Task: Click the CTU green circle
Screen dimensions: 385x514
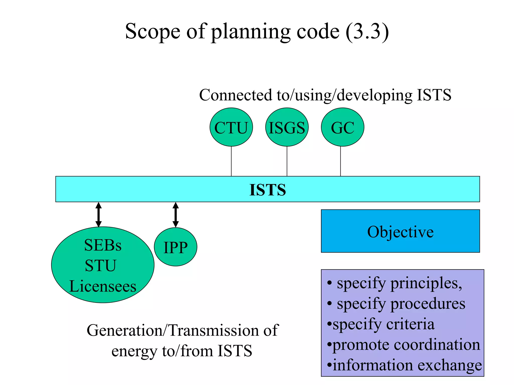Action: pos(231,127)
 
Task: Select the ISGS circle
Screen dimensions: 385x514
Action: pos(287,127)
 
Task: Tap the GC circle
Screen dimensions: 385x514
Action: pos(342,127)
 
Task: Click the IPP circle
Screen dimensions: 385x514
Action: pos(175,247)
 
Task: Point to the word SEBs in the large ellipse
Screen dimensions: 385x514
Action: pos(103,245)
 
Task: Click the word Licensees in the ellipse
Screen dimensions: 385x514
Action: pos(103,286)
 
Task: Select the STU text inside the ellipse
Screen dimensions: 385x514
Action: pos(101,266)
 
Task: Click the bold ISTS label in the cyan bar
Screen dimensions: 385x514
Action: pos(268,190)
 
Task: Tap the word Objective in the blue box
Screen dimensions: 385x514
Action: pos(400,232)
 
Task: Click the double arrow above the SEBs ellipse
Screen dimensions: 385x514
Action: pos(99,215)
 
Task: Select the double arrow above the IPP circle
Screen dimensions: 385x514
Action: pos(176,215)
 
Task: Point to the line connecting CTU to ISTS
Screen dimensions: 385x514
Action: pos(231,161)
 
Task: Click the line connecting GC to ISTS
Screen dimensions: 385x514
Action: pos(340,161)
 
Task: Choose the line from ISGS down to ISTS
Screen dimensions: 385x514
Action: pos(287,161)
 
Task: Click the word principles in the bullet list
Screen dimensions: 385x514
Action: pos(426,284)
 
